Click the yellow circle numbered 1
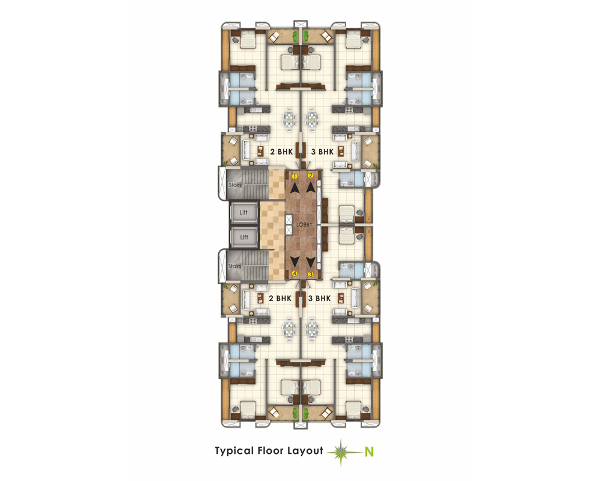coord(294,176)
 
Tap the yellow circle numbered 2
coord(311,176)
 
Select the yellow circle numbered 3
coord(311,274)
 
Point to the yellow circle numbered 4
coord(294,274)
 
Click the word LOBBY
coord(304,224)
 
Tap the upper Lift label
coord(244,212)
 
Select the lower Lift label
coord(244,237)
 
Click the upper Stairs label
coord(235,185)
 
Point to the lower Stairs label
coord(234,266)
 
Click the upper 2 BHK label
coord(281,152)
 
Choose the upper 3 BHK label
coord(322,152)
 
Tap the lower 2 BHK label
coord(280,298)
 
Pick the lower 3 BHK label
coord(319,298)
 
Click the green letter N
coord(369,452)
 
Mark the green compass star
coord(341,453)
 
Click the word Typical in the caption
coord(234,451)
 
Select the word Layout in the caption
coord(305,451)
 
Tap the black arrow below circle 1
coord(294,188)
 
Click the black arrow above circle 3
coord(311,262)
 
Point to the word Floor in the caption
coord(270,450)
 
